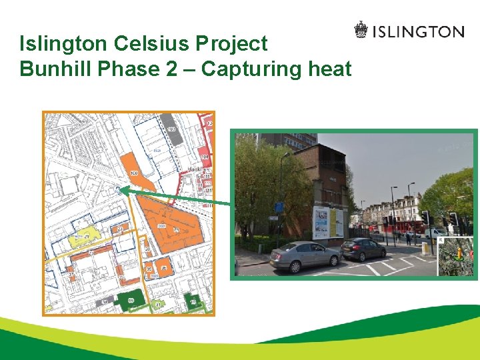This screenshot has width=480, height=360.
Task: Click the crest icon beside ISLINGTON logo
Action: (361, 31)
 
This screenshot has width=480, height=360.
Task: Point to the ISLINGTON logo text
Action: (417, 31)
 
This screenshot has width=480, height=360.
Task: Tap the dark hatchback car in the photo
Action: (362, 249)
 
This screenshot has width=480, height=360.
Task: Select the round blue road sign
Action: (279, 207)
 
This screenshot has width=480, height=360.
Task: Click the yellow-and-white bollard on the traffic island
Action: (425, 249)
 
